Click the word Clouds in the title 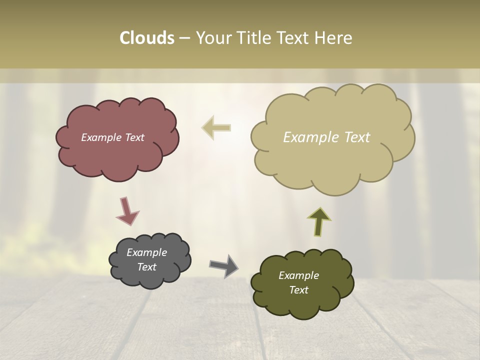(147, 38)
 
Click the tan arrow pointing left (216, 128)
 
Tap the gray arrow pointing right (224, 265)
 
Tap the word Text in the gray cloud (147, 267)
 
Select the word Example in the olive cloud (298, 275)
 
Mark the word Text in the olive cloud (298, 290)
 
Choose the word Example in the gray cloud (147, 252)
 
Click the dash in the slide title (184, 38)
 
